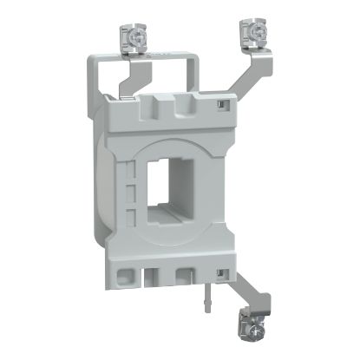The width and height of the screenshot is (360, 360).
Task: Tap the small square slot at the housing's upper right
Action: click(222, 105)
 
